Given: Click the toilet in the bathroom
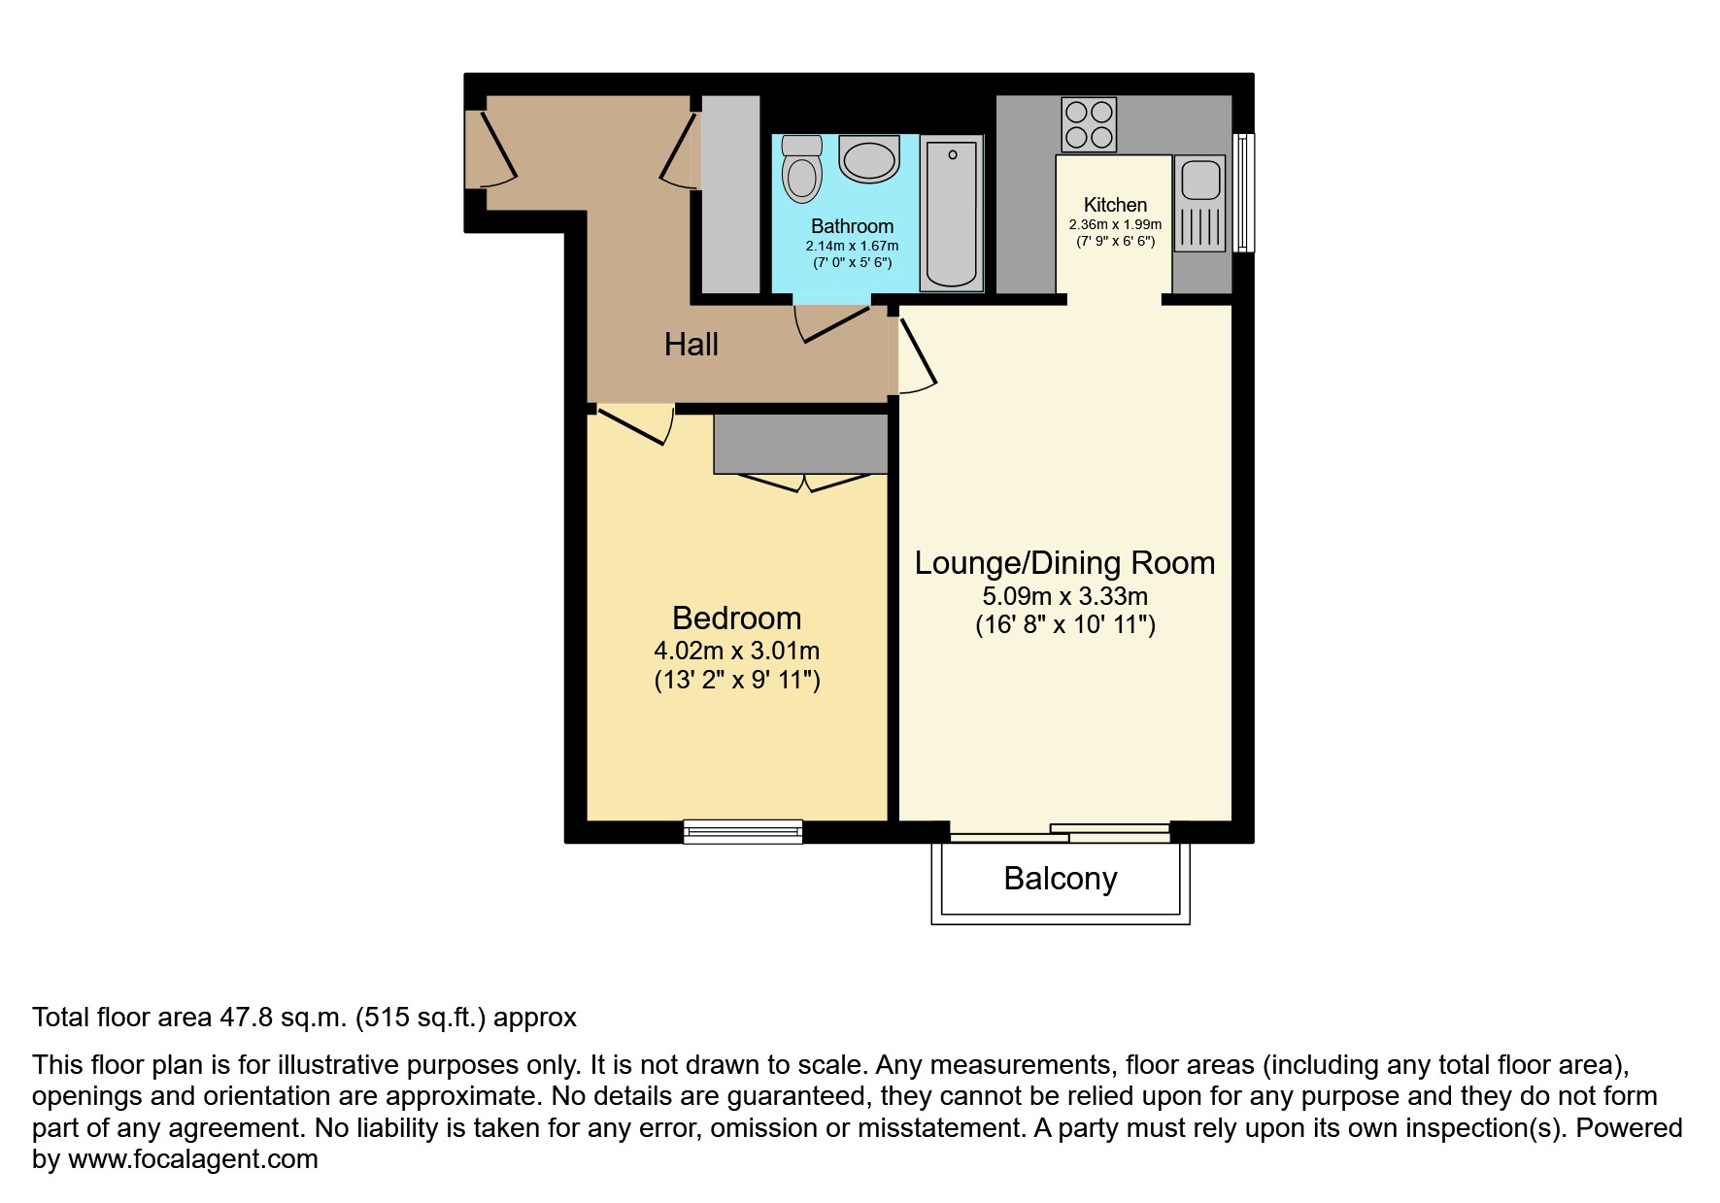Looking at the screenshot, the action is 802,169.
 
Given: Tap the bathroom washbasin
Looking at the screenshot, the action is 869,159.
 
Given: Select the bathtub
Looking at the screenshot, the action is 952,214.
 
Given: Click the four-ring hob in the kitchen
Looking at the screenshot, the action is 1089,124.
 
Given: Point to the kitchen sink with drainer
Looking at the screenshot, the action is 1200,204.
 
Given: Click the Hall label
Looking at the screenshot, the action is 691,344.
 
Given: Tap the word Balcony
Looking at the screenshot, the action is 1061,879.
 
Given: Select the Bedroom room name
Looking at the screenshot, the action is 737,618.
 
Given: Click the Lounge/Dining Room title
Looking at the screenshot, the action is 1065,563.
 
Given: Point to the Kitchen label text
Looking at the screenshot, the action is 1115,205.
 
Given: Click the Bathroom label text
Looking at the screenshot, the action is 853,226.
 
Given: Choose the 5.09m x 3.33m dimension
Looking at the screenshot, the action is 1065,595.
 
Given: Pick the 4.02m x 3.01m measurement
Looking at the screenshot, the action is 737,650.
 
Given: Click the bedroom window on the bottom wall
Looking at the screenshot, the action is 743,832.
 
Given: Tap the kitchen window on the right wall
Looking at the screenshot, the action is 1243,192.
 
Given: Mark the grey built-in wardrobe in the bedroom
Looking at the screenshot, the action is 801,445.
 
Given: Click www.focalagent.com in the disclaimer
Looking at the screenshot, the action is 193,1159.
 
